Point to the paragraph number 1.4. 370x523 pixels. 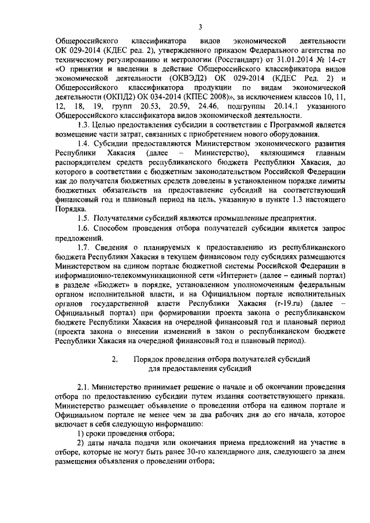(x=84, y=143)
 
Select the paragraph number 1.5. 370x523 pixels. (x=84, y=217)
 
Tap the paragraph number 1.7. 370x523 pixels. (x=84, y=244)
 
